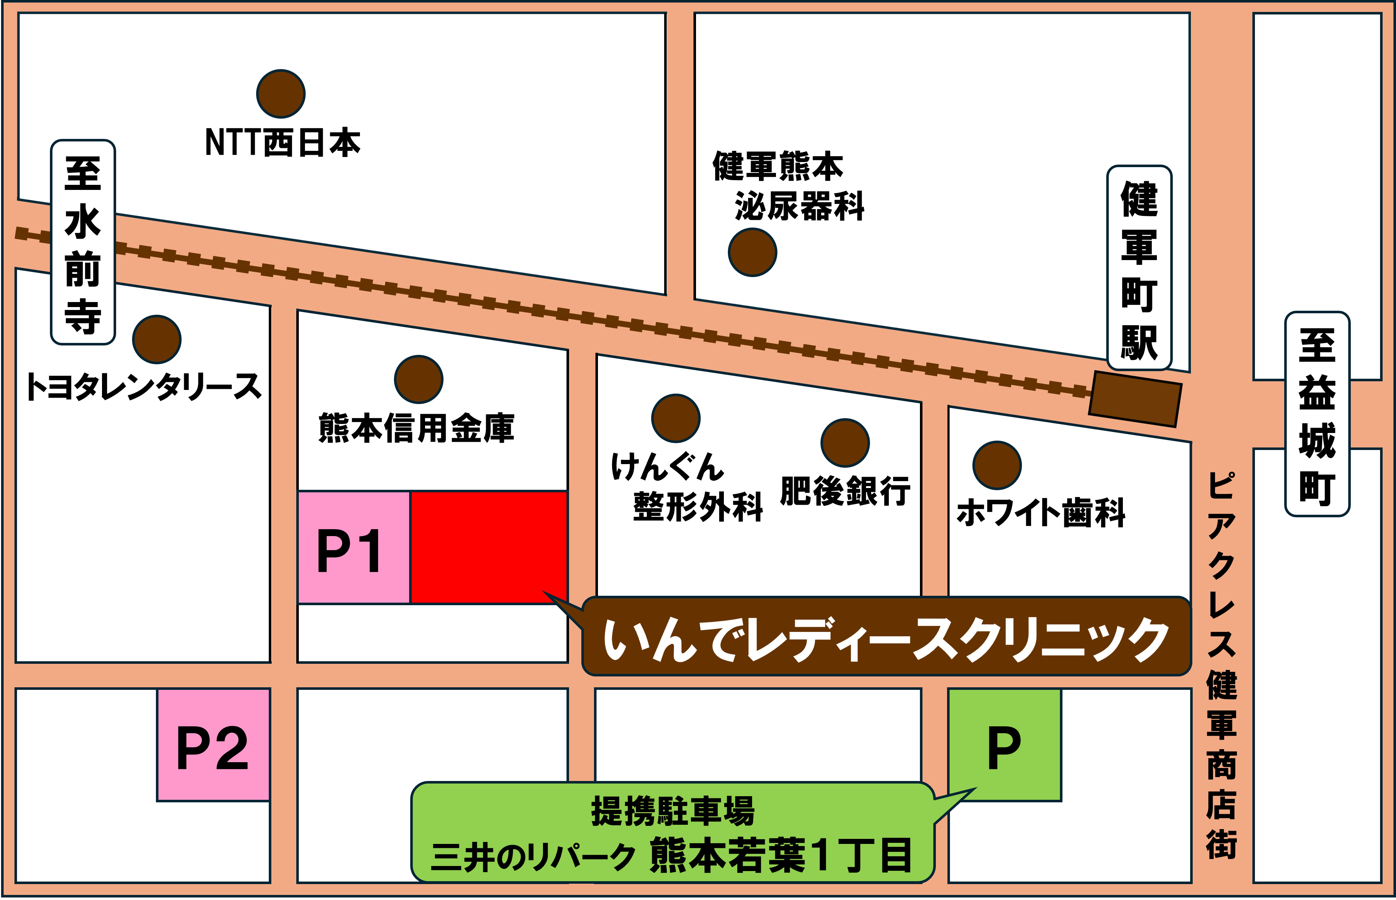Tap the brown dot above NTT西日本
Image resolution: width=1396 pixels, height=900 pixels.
pos(280,93)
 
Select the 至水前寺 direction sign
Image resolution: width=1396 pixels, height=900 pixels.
pos(83,242)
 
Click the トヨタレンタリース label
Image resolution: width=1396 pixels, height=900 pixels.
pos(143,387)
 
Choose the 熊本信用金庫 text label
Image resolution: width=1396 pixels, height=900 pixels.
pos(416,428)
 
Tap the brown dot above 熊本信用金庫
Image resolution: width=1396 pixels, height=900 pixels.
pos(419,379)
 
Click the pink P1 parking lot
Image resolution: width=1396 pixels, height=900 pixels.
pos(353,548)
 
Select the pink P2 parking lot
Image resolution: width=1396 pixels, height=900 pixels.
pos(213,744)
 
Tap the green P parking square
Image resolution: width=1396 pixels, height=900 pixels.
pos(1004,744)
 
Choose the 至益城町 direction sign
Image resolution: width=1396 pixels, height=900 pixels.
pos(1317,414)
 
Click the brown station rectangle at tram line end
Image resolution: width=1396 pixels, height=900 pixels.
pos(1135,399)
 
